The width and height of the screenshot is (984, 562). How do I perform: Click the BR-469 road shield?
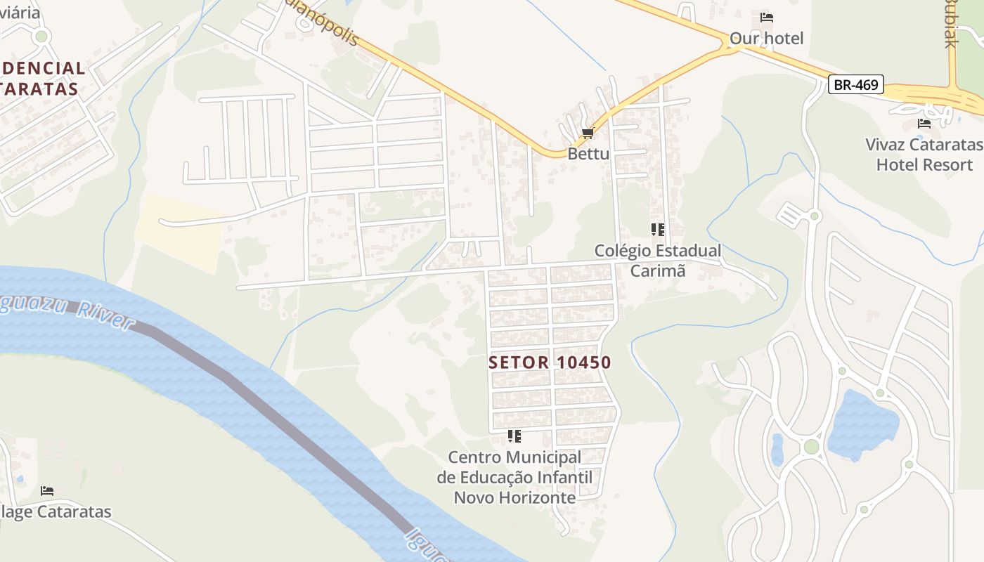855,85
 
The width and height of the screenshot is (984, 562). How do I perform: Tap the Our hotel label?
766,38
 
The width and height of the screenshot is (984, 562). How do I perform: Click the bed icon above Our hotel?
767,18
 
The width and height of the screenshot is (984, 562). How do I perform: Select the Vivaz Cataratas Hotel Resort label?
924,155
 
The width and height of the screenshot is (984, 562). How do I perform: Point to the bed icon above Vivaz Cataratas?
924,124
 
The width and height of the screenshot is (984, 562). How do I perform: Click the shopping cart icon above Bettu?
588,133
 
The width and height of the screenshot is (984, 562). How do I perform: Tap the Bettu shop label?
588,153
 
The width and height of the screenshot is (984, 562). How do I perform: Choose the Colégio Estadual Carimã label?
658,260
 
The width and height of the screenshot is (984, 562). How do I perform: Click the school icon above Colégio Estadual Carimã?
658,229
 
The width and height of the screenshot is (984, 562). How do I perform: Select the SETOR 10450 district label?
550,362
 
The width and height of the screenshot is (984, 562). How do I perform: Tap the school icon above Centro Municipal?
514,436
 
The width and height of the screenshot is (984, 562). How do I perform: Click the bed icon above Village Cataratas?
47,490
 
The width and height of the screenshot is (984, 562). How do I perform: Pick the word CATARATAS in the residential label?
39,89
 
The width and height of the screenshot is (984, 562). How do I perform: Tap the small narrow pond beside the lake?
777,450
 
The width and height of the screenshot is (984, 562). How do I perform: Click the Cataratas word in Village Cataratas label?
73,511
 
